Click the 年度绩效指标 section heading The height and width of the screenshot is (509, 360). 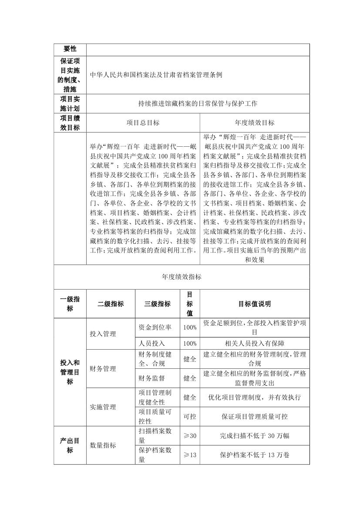click(182, 276)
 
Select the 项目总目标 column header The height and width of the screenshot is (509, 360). click(143, 123)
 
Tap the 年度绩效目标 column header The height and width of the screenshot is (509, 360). click(255, 123)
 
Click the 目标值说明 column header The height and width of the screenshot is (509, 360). click(255, 304)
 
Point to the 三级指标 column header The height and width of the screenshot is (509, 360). click(158, 304)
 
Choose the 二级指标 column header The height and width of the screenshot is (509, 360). click(111, 304)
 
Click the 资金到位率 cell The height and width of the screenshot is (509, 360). click(152, 327)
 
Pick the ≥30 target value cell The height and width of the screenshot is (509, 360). click(190, 435)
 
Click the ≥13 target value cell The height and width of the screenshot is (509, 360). click(190, 455)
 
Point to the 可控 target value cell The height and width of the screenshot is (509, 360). click(190, 417)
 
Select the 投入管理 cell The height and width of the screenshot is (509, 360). click(103, 334)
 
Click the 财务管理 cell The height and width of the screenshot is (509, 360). click(103, 369)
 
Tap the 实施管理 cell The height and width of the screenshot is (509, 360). click(103, 407)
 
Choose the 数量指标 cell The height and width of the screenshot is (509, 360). click(103, 445)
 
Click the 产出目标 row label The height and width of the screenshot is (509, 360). click(70, 445)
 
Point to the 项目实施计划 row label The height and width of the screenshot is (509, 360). click(70, 104)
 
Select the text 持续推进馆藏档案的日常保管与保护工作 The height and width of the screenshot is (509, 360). click(198, 104)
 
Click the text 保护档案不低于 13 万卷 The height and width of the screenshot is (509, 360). click(255, 455)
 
